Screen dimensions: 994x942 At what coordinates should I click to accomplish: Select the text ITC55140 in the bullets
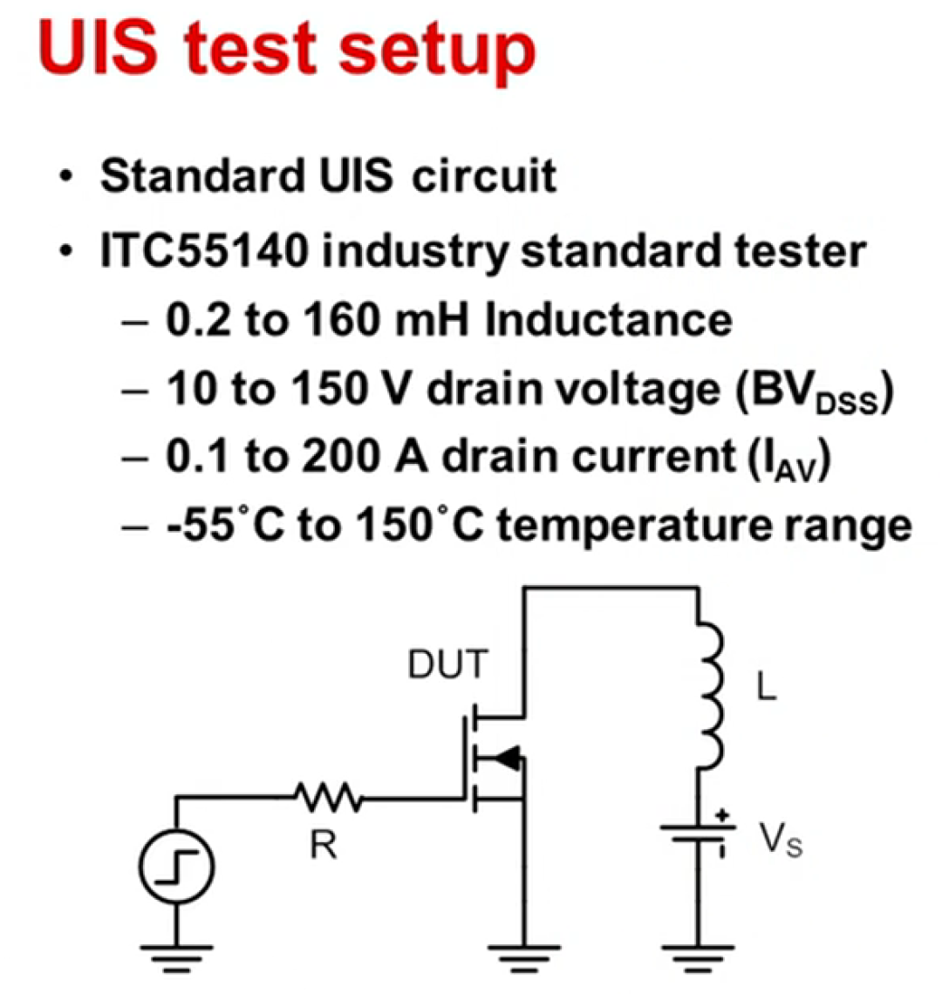click(205, 252)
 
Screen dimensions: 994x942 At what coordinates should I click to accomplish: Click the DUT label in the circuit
click(447, 666)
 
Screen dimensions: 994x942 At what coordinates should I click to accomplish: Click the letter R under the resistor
click(324, 844)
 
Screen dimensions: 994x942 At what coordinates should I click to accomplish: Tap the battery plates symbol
click(698, 834)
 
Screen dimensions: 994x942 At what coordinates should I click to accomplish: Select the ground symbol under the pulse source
click(176, 954)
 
